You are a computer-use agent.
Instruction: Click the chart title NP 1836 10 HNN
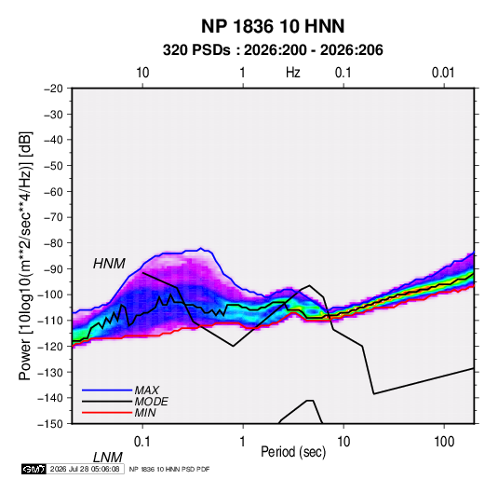273,26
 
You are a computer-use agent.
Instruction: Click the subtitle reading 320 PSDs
196,50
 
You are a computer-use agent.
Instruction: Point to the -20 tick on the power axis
53,89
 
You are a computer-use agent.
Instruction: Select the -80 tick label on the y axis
53,243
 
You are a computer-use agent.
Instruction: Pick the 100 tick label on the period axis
444,442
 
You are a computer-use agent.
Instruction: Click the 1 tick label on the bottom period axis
243,442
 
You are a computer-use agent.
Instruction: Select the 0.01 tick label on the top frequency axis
443,73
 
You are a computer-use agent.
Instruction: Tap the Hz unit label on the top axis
293,73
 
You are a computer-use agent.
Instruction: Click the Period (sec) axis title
293,452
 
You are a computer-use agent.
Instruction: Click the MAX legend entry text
147,390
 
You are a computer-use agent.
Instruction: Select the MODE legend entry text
151,402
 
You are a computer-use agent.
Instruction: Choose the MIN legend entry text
145,413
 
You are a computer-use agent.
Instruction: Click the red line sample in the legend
107,413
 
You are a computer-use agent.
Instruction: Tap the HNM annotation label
109,264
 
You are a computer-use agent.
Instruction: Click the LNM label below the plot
107,458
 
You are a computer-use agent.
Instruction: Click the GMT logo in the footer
34,469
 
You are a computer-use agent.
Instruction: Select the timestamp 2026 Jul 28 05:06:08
85,469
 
